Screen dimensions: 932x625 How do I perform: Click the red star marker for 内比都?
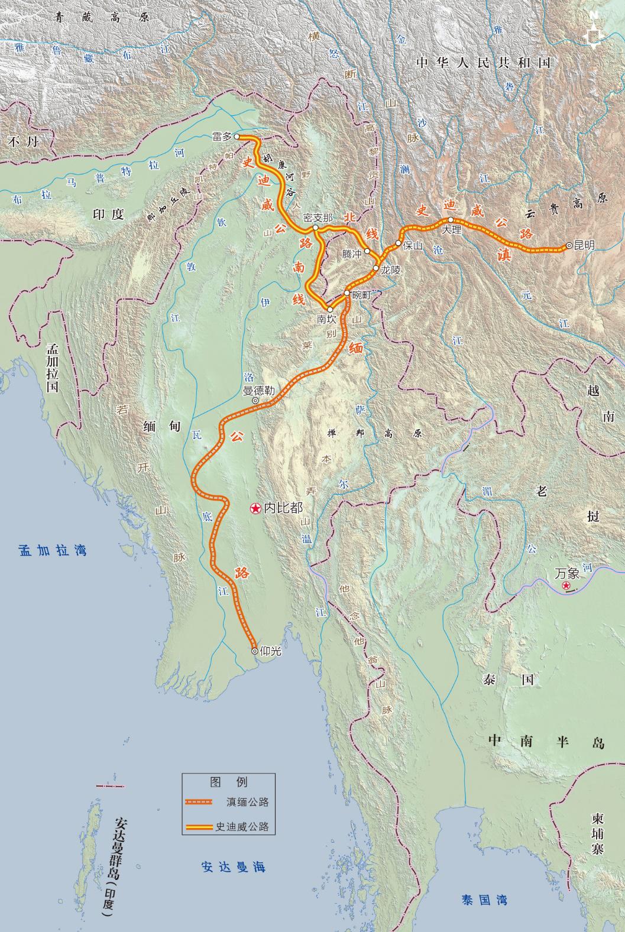click(255, 508)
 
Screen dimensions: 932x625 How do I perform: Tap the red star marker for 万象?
click(566, 586)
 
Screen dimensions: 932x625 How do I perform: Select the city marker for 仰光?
click(255, 650)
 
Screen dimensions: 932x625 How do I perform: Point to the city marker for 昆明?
click(569, 245)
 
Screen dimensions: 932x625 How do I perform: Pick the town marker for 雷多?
click(238, 137)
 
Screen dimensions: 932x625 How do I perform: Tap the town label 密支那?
click(318, 217)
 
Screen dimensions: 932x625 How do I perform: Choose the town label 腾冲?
click(352, 253)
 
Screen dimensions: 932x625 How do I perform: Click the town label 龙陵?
click(391, 270)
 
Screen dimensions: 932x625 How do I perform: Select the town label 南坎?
click(326, 319)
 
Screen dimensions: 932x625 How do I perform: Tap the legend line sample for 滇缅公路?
click(198, 802)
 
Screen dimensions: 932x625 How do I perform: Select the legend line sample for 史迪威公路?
click(198, 826)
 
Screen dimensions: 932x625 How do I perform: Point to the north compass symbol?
click(593, 35)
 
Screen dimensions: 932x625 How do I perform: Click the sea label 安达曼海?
click(233, 867)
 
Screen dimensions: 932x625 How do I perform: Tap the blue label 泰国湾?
click(484, 900)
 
